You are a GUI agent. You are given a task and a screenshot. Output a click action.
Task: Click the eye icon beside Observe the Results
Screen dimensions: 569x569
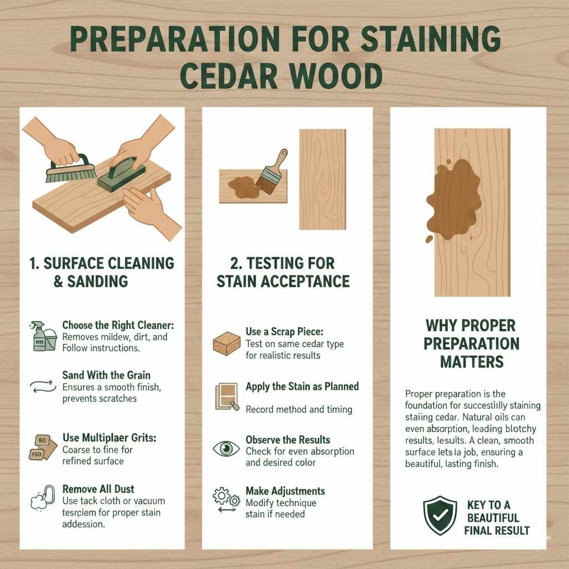point(226,448)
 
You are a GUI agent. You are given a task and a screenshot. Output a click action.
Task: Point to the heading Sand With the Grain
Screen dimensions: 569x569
point(106,376)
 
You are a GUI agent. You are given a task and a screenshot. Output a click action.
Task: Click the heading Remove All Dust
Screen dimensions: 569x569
point(98,490)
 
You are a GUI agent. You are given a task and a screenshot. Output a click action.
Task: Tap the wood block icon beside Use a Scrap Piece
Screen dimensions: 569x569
point(226,343)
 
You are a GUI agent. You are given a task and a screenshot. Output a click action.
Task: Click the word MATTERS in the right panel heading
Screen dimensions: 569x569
point(471,362)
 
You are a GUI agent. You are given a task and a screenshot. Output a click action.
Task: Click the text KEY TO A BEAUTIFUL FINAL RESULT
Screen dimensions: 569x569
point(496,517)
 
